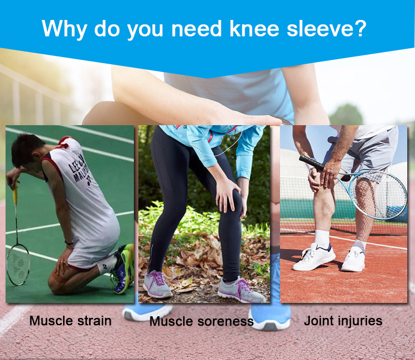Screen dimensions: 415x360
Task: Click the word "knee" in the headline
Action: pyautogui.click(x=255, y=29)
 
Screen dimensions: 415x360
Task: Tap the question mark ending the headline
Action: pyautogui.click(x=360, y=28)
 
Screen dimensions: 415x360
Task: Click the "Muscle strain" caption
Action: pyautogui.click(x=70, y=321)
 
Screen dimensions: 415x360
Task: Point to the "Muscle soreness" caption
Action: pyautogui.click(x=201, y=321)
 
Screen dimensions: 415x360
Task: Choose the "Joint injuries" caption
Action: pyautogui.click(x=343, y=321)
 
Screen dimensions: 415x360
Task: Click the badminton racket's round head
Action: pyautogui.click(x=18, y=264)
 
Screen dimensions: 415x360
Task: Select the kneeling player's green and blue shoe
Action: pyautogui.click(x=123, y=268)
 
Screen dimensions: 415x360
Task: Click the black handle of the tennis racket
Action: pyautogui.click(x=312, y=162)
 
